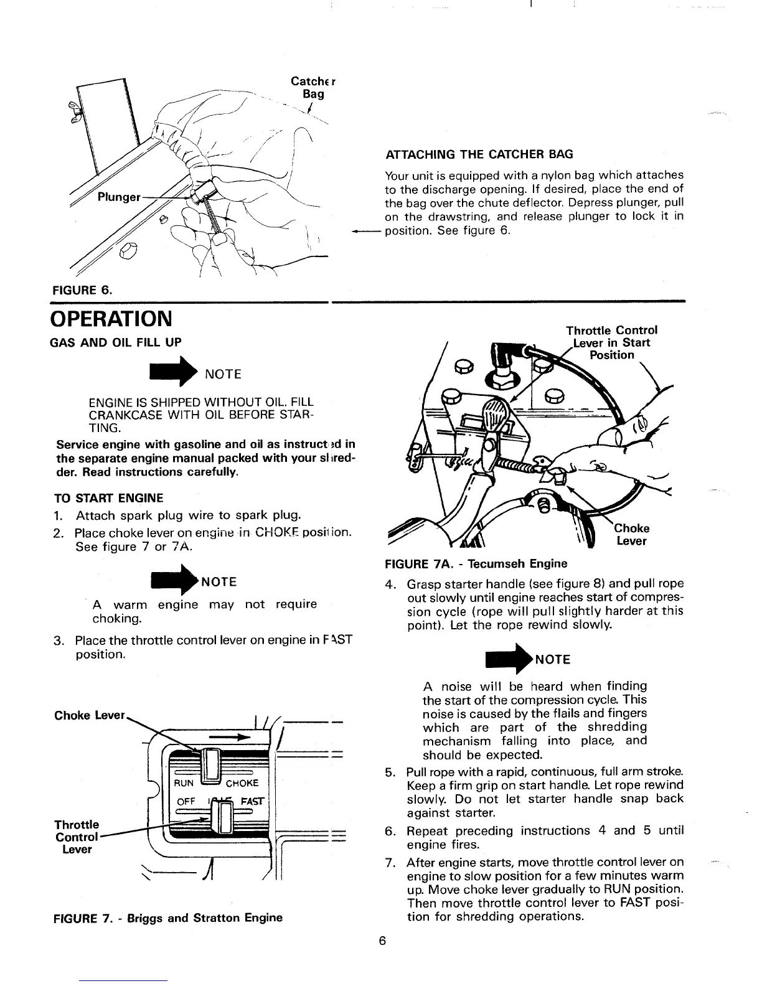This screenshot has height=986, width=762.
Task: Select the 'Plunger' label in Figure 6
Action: (x=119, y=197)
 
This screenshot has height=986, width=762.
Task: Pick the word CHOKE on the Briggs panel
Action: (x=242, y=783)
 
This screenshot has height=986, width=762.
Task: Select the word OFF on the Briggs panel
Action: (x=186, y=802)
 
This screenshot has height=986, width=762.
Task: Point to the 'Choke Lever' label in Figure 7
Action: (x=90, y=715)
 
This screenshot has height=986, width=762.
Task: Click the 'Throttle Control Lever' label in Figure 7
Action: (x=77, y=837)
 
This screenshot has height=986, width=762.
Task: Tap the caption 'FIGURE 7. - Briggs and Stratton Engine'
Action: (x=168, y=918)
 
